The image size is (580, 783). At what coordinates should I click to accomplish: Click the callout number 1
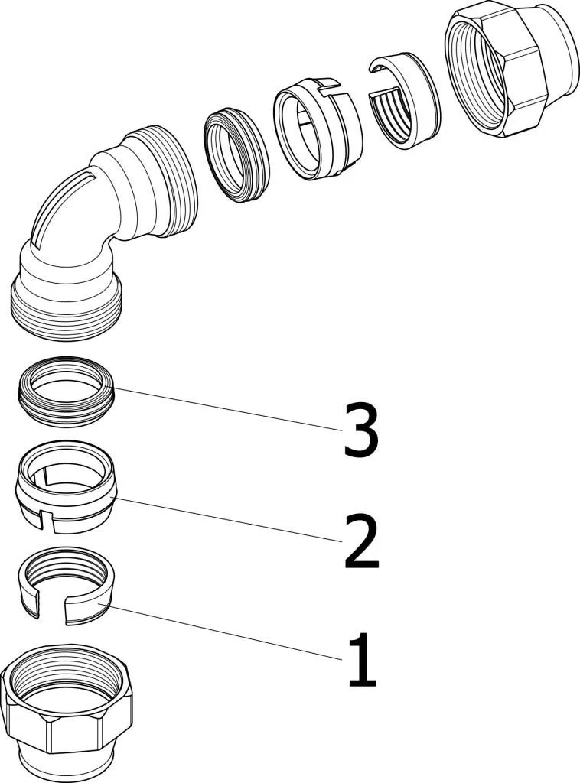point(361,659)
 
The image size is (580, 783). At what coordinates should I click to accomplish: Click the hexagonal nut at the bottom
point(67,719)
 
